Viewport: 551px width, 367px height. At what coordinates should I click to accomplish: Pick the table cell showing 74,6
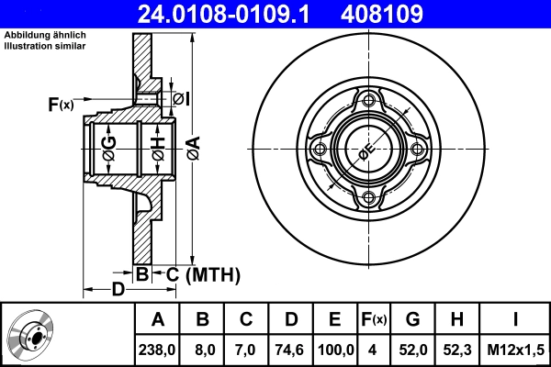(290, 350)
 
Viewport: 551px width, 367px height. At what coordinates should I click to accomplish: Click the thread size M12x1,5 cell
(515, 350)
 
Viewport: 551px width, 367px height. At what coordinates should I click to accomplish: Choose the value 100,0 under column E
(335, 350)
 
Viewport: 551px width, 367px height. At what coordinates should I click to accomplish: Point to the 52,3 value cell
(456, 350)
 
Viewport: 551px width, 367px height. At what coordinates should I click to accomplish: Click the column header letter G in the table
(412, 320)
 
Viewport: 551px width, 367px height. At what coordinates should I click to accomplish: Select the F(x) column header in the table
(374, 320)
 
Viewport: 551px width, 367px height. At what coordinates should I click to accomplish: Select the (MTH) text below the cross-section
(212, 274)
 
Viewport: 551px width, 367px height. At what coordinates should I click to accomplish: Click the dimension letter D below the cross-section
(118, 291)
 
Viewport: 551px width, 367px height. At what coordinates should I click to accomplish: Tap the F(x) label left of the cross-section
(60, 106)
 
